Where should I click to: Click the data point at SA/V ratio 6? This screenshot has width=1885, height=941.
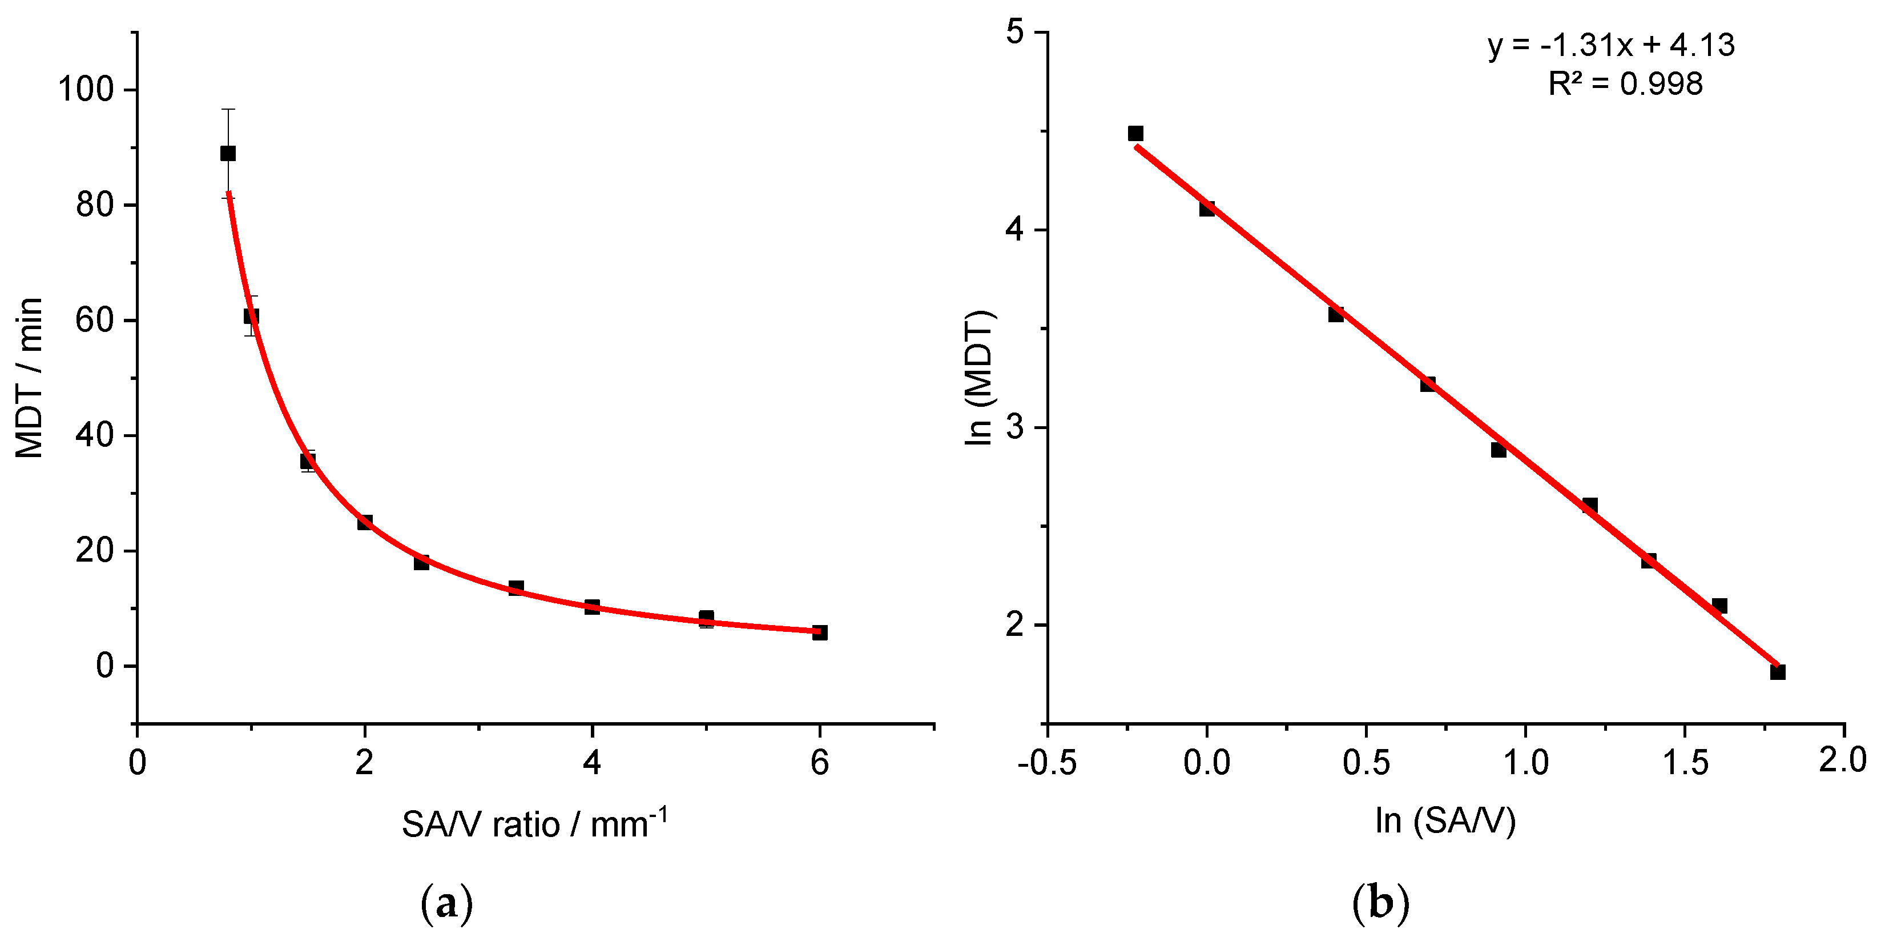[820, 632]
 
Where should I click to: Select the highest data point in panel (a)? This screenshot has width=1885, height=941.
[228, 153]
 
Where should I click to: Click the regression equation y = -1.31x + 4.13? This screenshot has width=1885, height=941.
[1612, 45]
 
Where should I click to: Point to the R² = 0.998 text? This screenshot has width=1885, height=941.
[1625, 84]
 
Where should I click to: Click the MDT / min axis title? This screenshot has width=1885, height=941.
[29, 378]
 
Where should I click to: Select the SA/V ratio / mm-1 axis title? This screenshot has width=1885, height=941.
[534, 824]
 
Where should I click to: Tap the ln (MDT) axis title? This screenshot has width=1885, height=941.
[978, 378]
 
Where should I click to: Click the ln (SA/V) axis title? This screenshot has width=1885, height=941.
[1445, 820]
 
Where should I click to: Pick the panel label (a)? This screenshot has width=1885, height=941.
[447, 904]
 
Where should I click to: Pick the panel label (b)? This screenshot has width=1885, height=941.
[1380, 904]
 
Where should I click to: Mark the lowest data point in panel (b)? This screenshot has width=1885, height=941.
[1778, 671]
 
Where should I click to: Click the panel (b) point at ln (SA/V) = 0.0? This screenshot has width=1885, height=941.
[1207, 209]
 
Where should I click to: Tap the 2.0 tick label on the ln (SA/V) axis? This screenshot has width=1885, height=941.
[1843, 762]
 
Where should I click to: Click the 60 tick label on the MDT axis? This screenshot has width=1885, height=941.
[95, 320]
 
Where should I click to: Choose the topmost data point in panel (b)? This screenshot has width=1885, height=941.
[1135, 133]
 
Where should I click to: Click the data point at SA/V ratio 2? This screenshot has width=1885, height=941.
[364, 522]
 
